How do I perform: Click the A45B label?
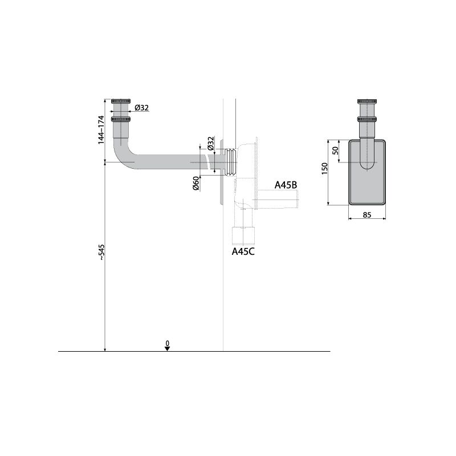click(x=286, y=185)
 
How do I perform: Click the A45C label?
click(x=243, y=251)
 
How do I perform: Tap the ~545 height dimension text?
click(x=101, y=252)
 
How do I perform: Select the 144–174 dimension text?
click(x=101, y=130)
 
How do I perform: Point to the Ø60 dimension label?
click(x=196, y=183)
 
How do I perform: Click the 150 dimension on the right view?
click(x=324, y=169)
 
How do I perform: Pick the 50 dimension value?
click(x=335, y=150)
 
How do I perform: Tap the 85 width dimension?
click(x=367, y=215)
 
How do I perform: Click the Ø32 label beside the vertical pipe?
click(x=141, y=108)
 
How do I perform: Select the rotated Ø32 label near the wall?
click(x=211, y=143)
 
